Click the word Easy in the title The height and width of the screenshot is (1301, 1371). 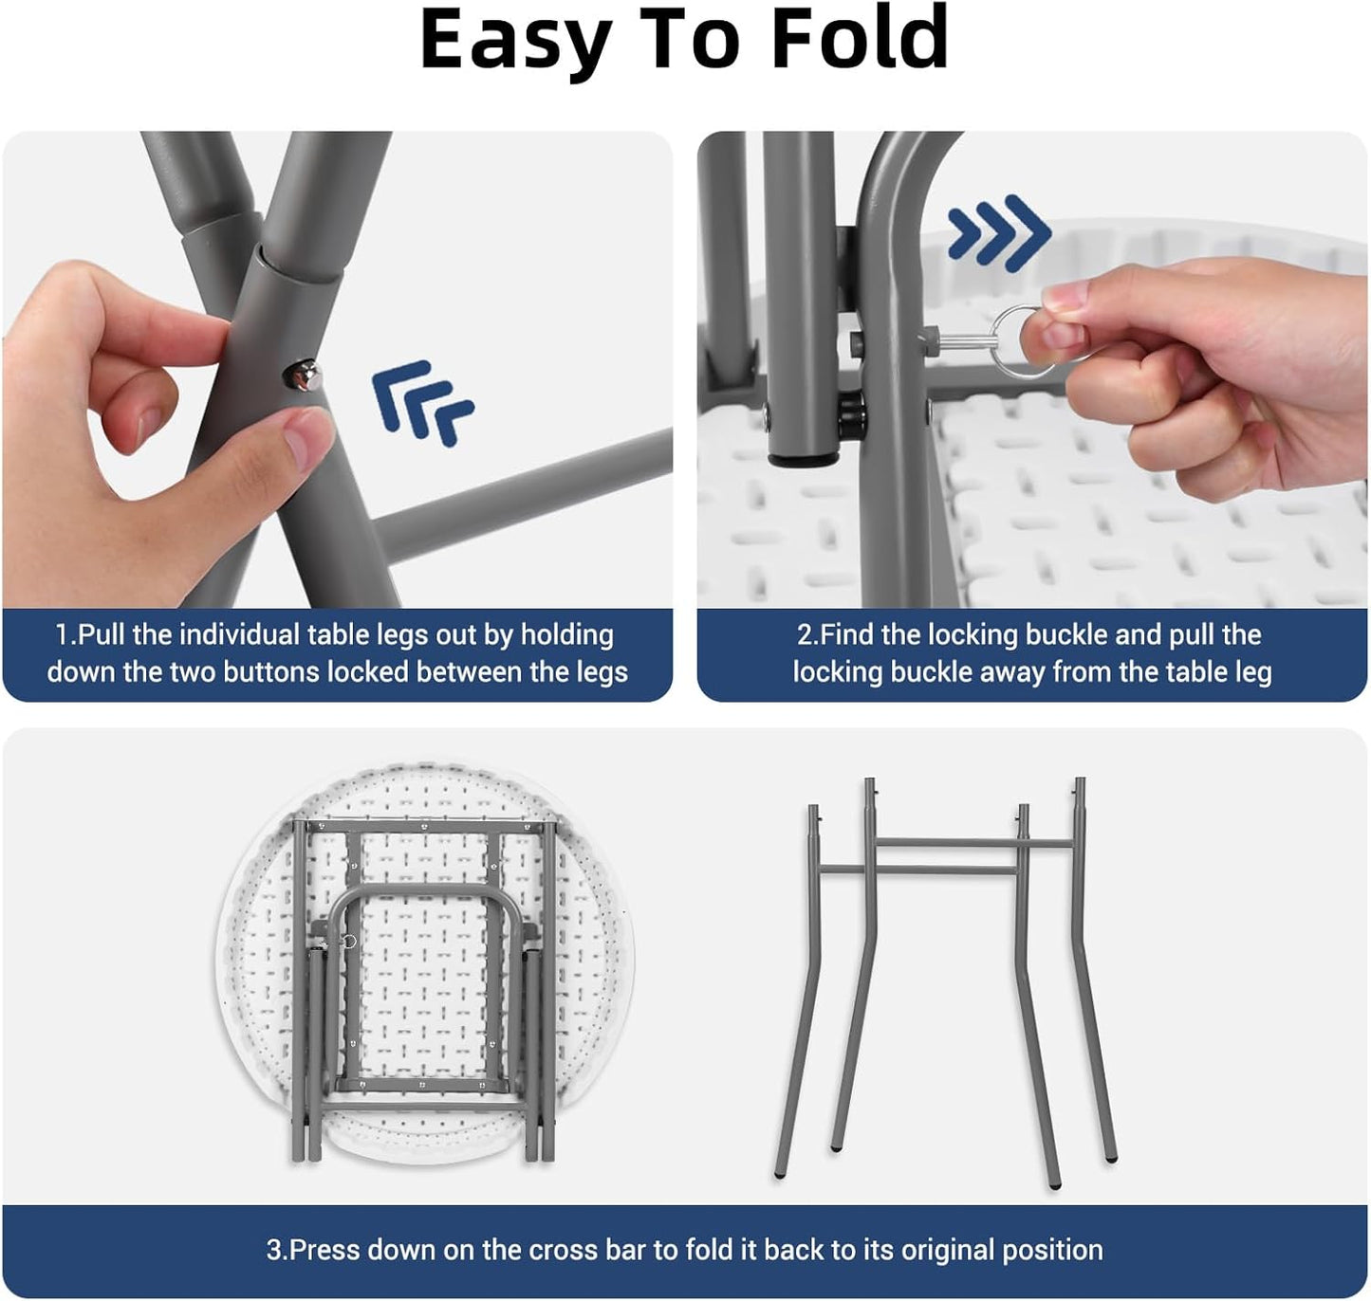(x=516, y=44)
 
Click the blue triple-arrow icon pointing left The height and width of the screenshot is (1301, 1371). (x=422, y=402)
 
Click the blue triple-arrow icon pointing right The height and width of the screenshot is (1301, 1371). (x=999, y=233)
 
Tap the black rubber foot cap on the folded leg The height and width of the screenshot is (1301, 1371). (x=803, y=460)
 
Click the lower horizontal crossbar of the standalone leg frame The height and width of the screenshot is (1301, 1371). (x=919, y=870)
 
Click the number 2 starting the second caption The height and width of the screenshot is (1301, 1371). (x=805, y=635)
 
